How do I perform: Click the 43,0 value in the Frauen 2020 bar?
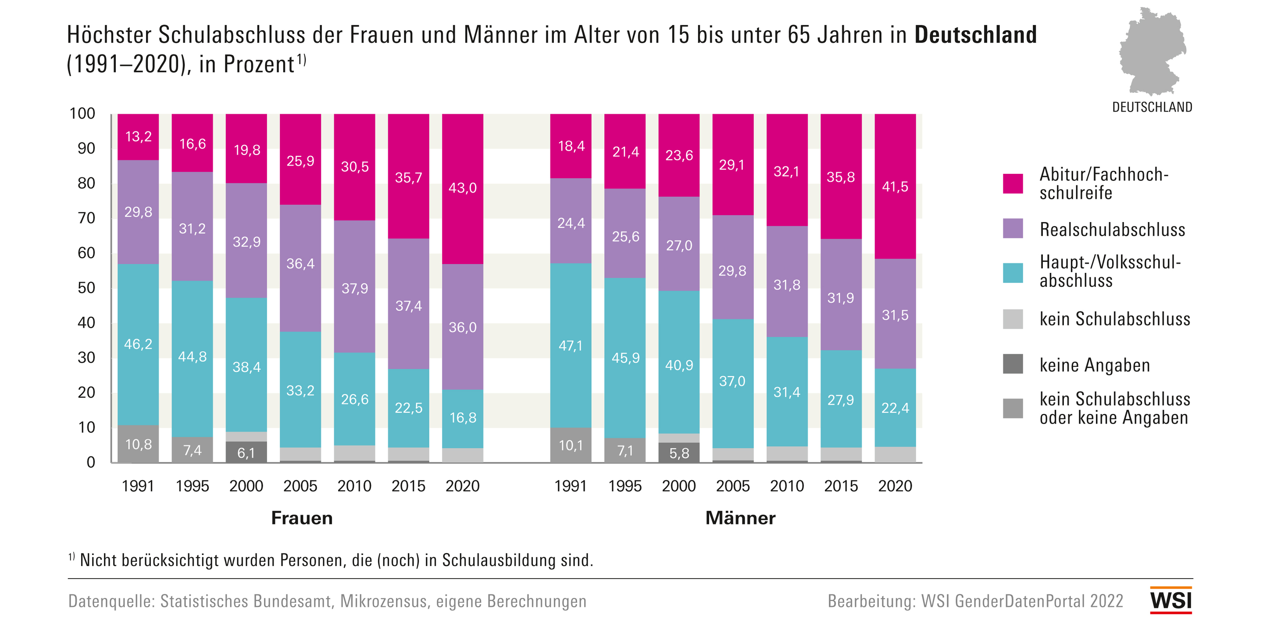[x=462, y=188]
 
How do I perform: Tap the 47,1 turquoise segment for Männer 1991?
[x=571, y=346]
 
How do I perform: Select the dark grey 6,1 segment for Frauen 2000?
[x=246, y=452]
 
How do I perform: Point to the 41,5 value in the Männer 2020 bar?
[x=895, y=187]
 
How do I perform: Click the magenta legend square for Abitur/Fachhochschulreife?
[x=1013, y=184]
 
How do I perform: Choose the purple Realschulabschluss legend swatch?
[x=1013, y=229]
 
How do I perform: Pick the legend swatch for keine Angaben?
[x=1013, y=364]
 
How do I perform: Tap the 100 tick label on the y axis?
[x=82, y=113]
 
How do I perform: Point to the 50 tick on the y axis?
[x=86, y=288]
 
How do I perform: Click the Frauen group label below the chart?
[x=302, y=518]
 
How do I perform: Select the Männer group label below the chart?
[x=740, y=518]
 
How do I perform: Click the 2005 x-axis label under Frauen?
[x=300, y=486]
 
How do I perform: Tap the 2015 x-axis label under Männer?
[x=841, y=486]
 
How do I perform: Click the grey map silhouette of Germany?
[x=1152, y=51]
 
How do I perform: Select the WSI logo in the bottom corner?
[x=1170, y=600]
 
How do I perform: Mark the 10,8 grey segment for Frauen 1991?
[x=138, y=444]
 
